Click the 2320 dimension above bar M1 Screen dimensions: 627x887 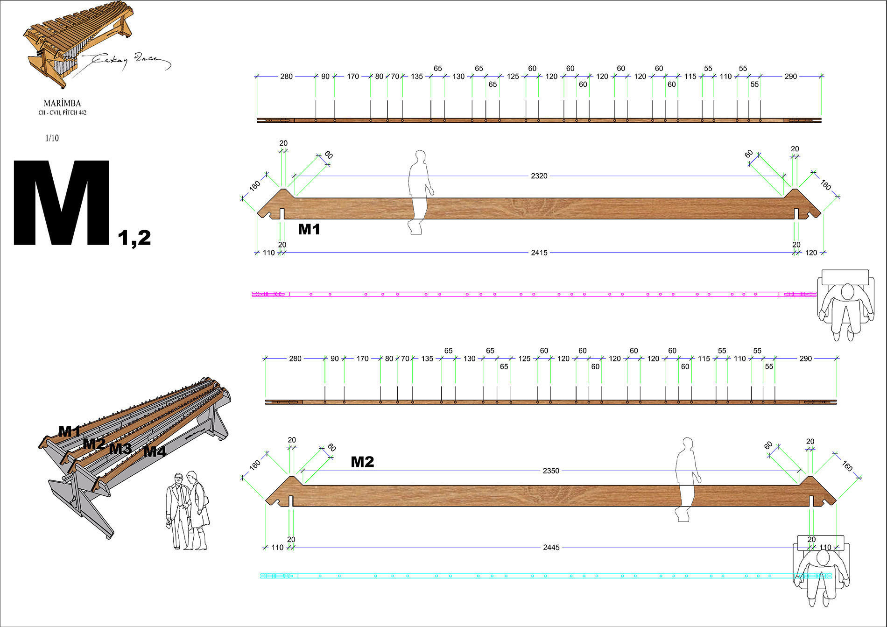pos(539,176)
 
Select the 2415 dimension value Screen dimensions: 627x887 pos(539,253)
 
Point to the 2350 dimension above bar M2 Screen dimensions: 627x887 pos(551,471)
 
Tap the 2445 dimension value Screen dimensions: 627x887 pos(551,547)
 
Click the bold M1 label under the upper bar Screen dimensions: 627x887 pos(309,229)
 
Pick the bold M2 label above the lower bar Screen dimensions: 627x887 pos(362,462)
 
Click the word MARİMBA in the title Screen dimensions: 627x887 pos(62,103)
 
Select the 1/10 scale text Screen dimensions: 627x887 pos(52,138)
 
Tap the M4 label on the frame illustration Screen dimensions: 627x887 pos(155,451)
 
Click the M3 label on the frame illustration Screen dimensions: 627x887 pos(120,449)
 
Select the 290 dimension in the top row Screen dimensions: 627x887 pos(790,76)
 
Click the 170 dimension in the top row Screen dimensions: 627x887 pos(353,76)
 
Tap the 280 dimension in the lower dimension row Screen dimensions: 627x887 pos(295,359)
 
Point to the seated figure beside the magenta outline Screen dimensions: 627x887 pos(845,304)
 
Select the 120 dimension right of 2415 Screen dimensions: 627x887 pos(811,253)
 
